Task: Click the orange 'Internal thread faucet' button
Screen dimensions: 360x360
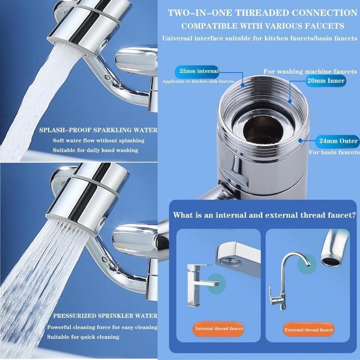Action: [x=219, y=328]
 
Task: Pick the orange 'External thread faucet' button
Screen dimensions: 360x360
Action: [x=309, y=330]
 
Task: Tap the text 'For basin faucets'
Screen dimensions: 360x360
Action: [x=334, y=153]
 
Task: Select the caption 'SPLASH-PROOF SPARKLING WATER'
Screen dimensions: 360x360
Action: [x=98, y=130]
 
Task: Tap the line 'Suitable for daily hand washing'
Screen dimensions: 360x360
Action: [x=95, y=150]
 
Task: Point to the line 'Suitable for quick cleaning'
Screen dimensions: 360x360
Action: [x=83, y=337]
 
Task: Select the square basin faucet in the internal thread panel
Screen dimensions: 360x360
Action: [x=196, y=283]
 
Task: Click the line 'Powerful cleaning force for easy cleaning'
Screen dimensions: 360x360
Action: [x=102, y=327]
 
